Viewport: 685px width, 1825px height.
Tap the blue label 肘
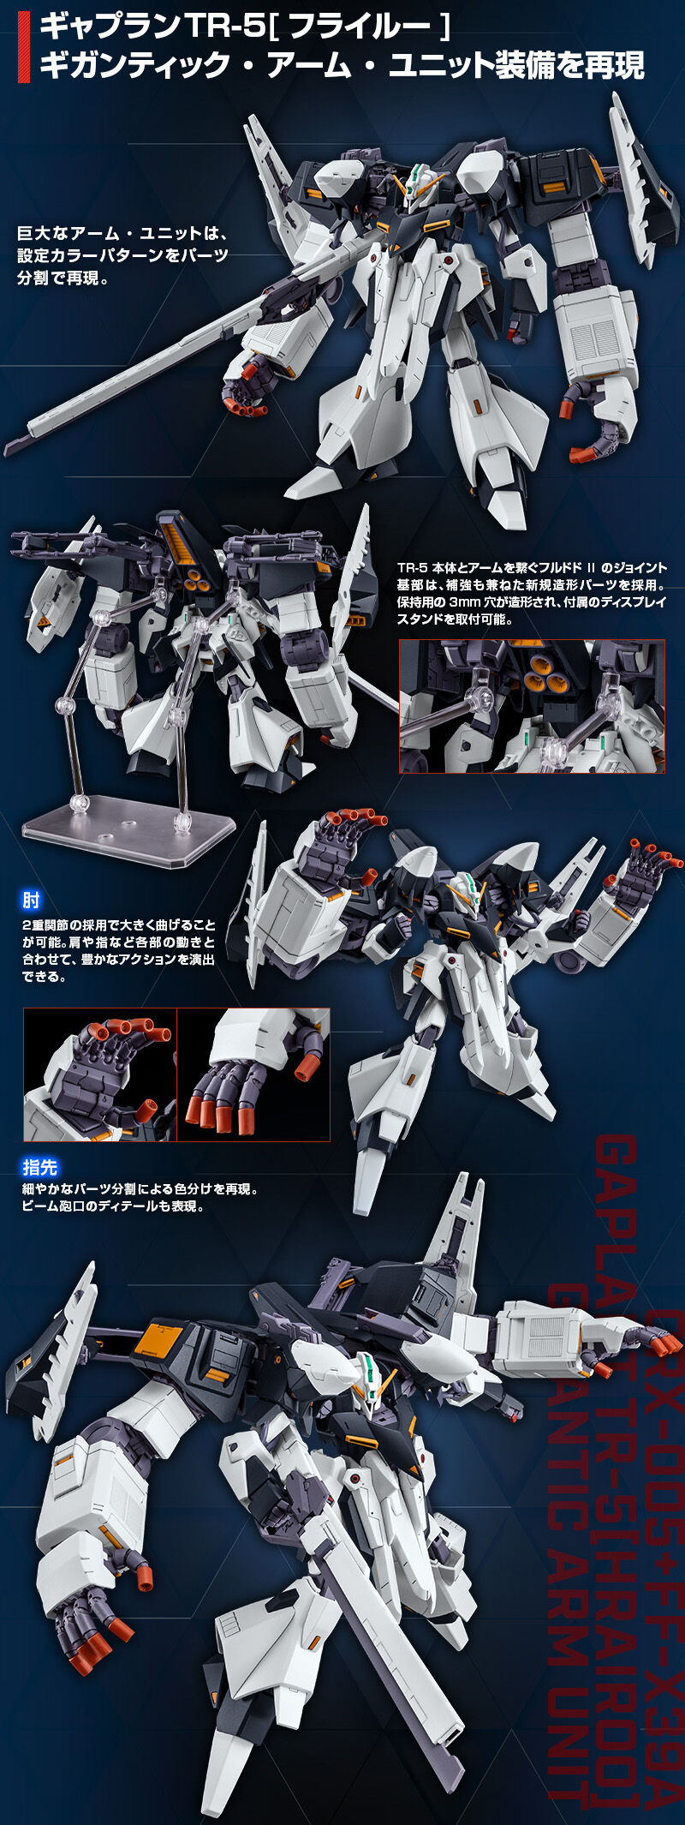[32, 900]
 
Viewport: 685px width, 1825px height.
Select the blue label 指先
[39, 1167]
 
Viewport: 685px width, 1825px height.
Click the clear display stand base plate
[128, 819]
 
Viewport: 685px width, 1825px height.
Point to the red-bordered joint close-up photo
[532, 707]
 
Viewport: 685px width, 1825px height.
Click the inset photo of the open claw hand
[99, 1074]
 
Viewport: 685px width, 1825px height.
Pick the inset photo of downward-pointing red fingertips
[253, 1074]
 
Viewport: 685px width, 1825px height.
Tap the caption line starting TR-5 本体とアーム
[532, 567]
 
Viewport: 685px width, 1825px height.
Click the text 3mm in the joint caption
[467, 601]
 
